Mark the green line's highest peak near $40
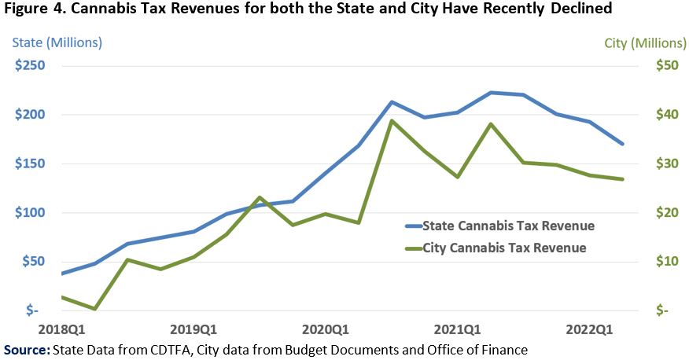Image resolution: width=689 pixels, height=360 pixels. point(392,120)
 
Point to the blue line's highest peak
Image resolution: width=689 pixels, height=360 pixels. point(491,93)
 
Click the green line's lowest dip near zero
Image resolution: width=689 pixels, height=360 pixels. point(94,309)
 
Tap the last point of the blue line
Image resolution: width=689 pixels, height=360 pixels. point(623,144)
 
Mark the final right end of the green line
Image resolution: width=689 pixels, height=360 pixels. point(623,179)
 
